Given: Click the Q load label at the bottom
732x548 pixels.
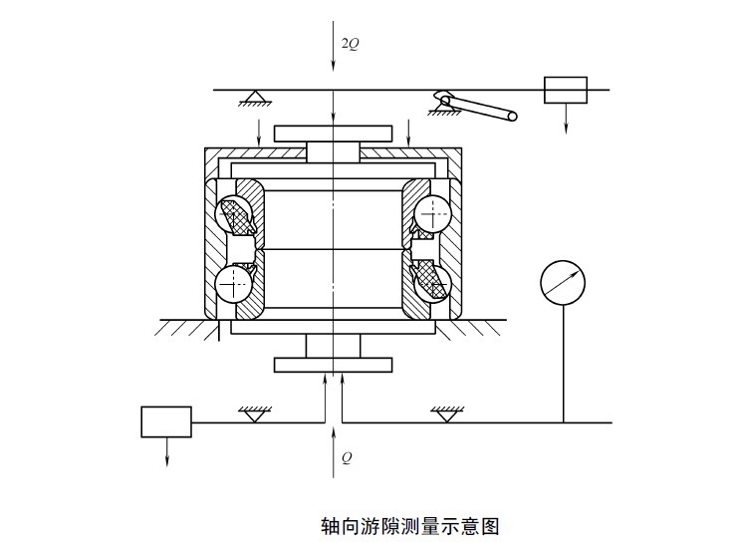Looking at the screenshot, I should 346,458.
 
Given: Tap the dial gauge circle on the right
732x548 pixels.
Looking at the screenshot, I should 563,282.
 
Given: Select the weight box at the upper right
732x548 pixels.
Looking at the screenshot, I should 565,90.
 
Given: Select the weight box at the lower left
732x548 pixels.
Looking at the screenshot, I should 166,421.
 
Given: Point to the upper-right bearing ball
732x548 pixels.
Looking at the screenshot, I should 431,211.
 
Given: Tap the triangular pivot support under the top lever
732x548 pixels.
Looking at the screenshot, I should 255,98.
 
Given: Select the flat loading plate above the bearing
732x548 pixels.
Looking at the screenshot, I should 334,133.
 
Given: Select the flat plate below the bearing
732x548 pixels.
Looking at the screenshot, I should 334,365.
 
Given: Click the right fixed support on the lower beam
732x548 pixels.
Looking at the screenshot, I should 447,412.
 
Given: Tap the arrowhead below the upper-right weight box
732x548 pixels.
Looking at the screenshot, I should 566,128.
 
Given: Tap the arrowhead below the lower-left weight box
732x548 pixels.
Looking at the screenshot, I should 166,460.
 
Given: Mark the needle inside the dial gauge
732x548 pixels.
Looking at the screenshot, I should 564,281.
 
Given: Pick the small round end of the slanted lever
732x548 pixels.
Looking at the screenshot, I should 512,117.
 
